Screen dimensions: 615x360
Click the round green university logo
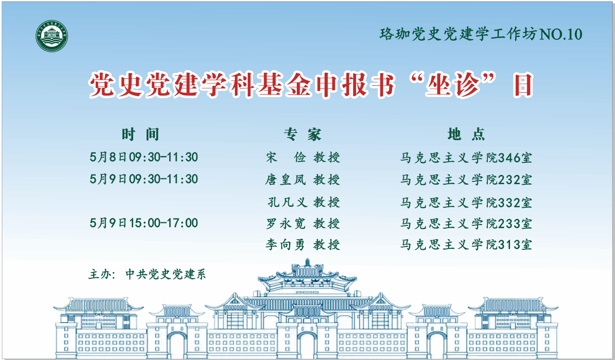point(52,36)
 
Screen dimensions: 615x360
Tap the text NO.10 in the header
point(561,34)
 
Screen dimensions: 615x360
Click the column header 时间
point(140,134)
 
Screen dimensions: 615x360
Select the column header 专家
point(302,134)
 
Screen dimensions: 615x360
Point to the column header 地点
point(466,134)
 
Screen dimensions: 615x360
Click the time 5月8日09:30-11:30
point(144,157)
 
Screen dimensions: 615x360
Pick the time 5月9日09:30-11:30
point(144,179)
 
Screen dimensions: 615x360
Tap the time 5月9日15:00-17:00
point(144,223)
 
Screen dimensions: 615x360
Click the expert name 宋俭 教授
point(303,157)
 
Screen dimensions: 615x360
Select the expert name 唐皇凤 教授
point(303,180)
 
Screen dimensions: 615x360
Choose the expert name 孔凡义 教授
point(304,202)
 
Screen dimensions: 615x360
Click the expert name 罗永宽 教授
point(303,223)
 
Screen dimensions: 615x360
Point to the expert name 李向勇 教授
point(303,245)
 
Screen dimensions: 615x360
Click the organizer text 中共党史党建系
point(166,274)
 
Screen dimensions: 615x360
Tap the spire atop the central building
point(307,262)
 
